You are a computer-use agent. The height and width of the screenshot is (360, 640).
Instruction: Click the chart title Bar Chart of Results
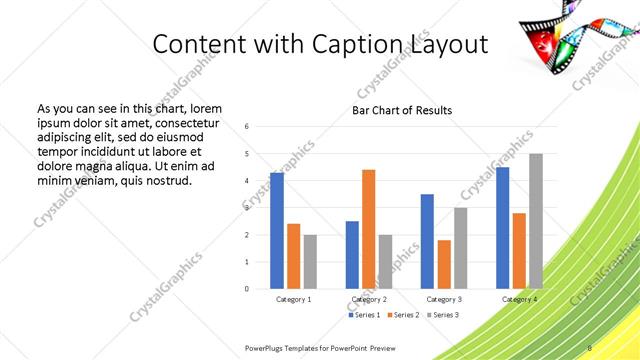click(401, 110)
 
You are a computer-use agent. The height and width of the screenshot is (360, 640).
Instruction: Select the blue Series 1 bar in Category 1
click(277, 230)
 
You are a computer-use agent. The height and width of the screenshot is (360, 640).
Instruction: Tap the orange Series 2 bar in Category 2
click(369, 229)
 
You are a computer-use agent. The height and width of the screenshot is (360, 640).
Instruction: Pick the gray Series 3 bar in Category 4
click(536, 221)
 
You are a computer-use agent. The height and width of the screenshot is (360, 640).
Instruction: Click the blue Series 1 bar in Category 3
click(427, 241)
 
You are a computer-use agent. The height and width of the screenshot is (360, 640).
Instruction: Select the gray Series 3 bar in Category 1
click(311, 261)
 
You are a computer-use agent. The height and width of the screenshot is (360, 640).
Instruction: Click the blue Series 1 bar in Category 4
click(502, 227)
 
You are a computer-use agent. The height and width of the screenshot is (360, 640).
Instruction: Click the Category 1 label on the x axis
click(294, 299)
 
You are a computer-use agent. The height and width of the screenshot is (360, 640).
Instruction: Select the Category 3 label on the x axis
click(444, 299)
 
